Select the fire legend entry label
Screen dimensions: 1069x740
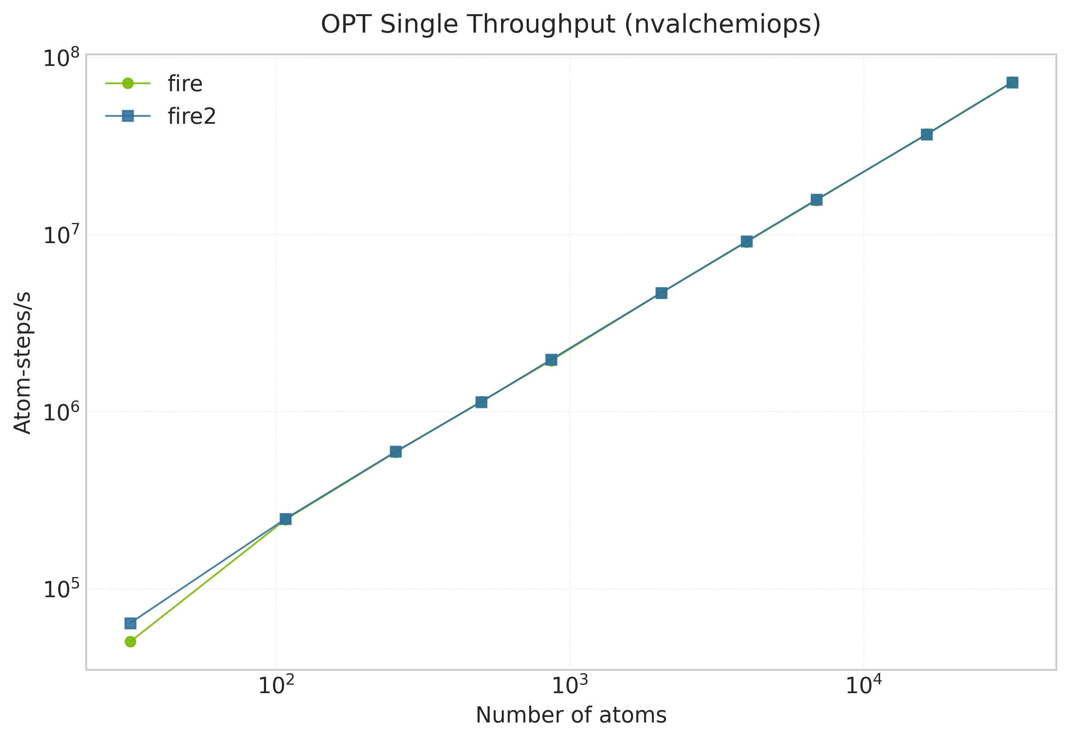[185, 84]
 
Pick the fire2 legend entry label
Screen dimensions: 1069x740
[192, 116]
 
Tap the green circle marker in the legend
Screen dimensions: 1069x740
[128, 83]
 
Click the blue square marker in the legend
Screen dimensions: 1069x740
[128, 116]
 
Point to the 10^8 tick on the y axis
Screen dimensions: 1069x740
[61, 58]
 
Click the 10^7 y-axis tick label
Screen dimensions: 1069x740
[61, 235]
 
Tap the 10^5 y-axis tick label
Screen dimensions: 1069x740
[61, 589]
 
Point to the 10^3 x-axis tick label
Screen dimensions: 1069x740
[569, 686]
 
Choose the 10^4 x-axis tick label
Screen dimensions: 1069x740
[863, 686]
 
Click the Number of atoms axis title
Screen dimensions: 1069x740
[571, 715]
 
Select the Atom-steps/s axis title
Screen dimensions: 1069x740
[22, 362]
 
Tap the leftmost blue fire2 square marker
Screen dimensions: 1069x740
[131, 623]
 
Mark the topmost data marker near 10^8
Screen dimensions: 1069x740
[1013, 82]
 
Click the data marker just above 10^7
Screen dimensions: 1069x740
[747, 242]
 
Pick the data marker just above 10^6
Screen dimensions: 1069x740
[482, 402]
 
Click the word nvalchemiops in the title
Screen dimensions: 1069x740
[722, 25]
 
